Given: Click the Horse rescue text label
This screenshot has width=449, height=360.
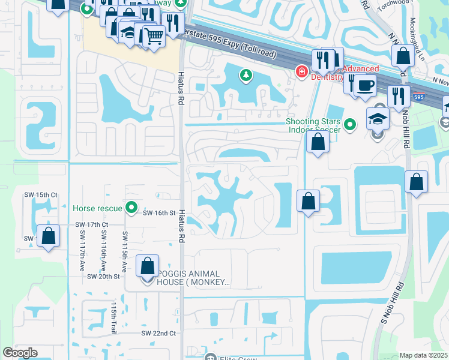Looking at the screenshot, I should pos(98,208).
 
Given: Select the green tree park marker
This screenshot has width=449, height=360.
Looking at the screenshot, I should pos(245,75).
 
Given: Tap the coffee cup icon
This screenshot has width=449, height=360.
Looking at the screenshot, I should pos(364,85).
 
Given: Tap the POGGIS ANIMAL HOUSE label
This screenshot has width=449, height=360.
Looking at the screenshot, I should pos(193,278).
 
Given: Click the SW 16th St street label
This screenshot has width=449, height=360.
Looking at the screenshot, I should pos(158,212).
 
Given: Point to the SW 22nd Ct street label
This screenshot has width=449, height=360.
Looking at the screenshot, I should pos(158,333).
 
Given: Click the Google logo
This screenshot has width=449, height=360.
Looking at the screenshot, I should pos(20,353).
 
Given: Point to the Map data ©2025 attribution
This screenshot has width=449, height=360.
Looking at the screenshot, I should pos(423,355).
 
